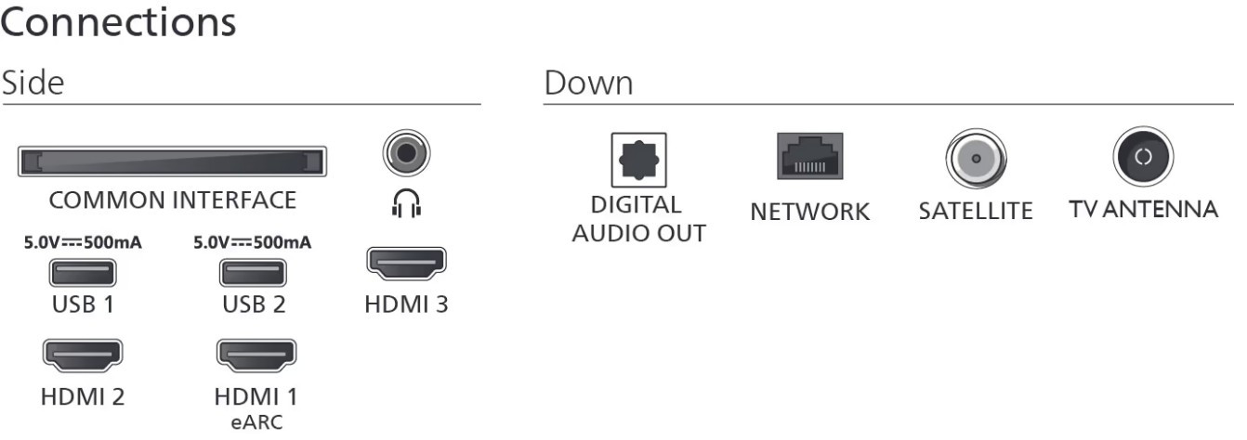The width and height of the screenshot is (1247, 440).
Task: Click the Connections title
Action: [118, 22]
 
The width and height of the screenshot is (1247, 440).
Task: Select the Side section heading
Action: [33, 84]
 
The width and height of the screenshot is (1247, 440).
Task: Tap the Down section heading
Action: [588, 84]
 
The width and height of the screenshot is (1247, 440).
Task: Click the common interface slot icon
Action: [172, 162]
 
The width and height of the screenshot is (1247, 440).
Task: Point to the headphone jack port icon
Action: [406, 152]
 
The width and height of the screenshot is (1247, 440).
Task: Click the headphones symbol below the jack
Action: [406, 203]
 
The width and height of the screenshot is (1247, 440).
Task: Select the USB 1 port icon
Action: [84, 274]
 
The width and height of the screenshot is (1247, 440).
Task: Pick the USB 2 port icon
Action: [253, 274]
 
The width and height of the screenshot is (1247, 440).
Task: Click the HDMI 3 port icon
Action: [406, 264]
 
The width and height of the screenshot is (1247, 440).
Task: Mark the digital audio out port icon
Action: [638, 160]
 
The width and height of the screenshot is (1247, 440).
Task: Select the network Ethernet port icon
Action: [809, 156]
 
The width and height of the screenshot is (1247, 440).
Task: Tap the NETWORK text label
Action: [809, 212]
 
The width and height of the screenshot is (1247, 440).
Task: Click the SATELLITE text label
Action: [975, 212]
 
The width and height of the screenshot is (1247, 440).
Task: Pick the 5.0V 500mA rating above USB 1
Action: [84, 244]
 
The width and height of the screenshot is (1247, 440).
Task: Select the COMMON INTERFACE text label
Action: [172, 201]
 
